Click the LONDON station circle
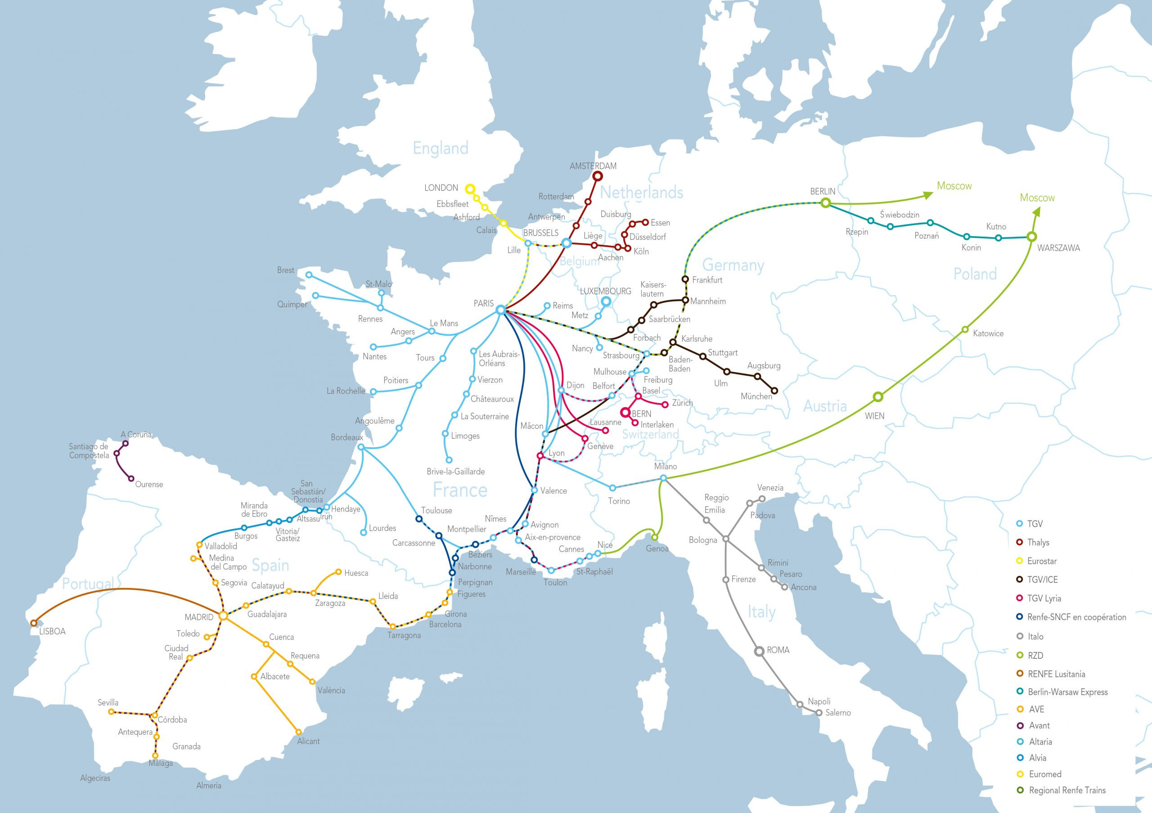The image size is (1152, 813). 470,189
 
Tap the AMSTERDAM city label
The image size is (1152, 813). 593,166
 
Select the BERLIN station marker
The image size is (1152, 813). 825,202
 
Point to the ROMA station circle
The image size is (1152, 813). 759,651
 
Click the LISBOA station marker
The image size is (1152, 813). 34,623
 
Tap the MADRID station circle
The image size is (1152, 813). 223,616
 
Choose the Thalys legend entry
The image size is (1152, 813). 1038,542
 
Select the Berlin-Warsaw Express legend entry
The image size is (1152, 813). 1067,692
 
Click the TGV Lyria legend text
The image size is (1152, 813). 1044,598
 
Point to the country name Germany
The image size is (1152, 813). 733,265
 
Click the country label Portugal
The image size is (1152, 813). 88,583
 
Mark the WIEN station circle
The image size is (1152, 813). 877,397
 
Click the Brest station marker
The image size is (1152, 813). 309,275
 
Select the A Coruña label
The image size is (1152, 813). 136,434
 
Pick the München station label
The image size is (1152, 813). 756,396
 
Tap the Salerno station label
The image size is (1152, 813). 837,712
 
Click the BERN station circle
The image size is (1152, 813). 625,413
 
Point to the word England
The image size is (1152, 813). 440,148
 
